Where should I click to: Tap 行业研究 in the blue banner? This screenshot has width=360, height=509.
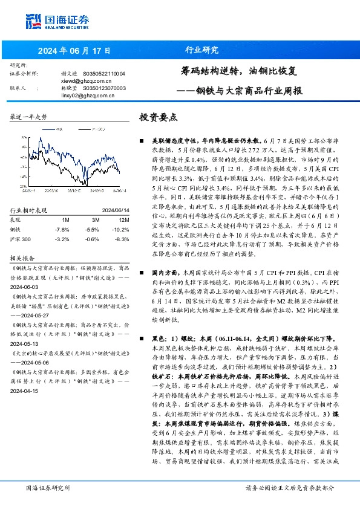[201, 50]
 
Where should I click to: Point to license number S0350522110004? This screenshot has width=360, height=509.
[103, 74]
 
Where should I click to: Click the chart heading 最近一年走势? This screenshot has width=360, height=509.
[29, 116]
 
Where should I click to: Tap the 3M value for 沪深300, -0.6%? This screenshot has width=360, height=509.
[93, 239]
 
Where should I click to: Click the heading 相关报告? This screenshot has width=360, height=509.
[24, 258]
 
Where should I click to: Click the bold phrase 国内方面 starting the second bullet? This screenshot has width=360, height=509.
[165, 273]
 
